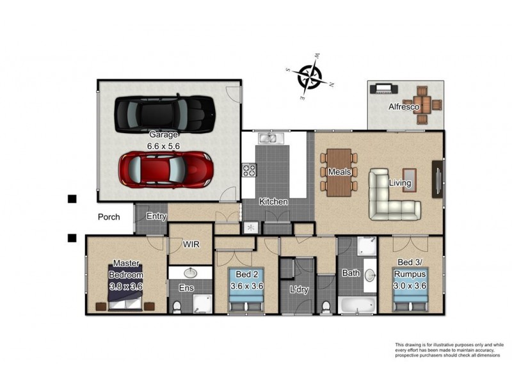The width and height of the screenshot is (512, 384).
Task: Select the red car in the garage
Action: [x=166, y=169]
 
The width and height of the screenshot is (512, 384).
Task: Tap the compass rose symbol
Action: [x=309, y=77]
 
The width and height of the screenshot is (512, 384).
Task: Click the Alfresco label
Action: [x=404, y=107]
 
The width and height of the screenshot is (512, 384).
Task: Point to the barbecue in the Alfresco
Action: [x=383, y=89]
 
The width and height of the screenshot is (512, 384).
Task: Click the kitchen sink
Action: [x=271, y=138]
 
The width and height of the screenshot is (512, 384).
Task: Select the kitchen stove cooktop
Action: [x=249, y=170]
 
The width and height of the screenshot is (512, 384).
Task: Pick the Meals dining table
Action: [x=339, y=172]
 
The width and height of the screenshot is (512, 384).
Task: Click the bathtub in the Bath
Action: [x=356, y=305]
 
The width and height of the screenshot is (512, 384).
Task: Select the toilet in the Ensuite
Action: [x=177, y=307]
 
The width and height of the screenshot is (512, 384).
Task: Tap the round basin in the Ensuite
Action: [x=190, y=273]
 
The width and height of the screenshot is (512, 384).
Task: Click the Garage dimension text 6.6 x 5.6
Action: [x=163, y=146]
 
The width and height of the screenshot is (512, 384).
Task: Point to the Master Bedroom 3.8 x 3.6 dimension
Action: [x=126, y=286]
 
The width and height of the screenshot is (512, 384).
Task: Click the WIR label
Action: [x=191, y=244]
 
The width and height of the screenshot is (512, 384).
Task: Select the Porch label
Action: [x=109, y=217]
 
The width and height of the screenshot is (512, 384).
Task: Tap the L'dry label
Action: [x=299, y=289]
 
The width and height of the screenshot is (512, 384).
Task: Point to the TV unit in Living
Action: [x=438, y=179]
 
